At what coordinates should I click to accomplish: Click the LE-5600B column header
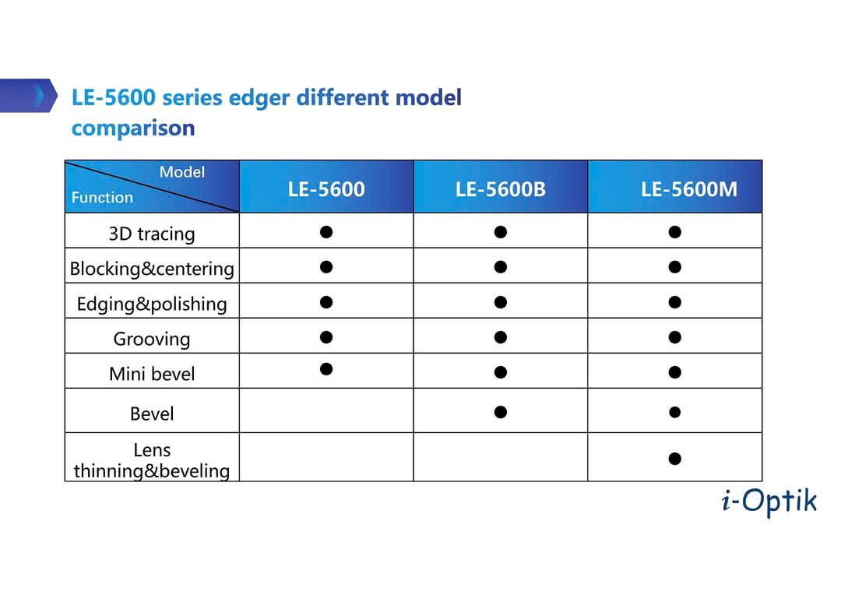tap(501, 188)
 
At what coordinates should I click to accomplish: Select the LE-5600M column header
tap(689, 188)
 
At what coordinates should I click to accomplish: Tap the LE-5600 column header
tap(326, 188)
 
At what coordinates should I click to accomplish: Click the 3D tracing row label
tap(152, 234)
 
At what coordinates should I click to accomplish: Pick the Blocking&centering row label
tap(152, 268)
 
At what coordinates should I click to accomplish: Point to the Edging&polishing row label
tap(152, 304)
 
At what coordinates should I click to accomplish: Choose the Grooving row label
tap(152, 339)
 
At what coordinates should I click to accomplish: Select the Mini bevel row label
tap(152, 373)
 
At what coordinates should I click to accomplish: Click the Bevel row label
tap(152, 414)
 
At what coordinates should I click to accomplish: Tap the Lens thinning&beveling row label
tap(152, 460)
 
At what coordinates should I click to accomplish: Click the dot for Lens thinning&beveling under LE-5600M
tap(674, 459)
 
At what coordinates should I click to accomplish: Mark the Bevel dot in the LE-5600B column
tap(501, 412)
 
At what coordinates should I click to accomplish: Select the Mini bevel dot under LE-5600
tap(326, 369)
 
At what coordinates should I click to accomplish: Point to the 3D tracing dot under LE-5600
tap(326, 232)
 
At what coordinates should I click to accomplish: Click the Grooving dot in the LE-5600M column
tap(674, 337)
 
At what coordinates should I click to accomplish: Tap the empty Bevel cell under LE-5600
tap(326, 410)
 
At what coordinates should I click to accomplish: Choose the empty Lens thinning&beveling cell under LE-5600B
tap(501, 457)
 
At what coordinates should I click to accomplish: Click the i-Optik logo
tap(769, 502)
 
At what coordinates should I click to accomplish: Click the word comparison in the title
tap(133, 129)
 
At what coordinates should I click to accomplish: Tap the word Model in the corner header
tap(181, 171)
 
